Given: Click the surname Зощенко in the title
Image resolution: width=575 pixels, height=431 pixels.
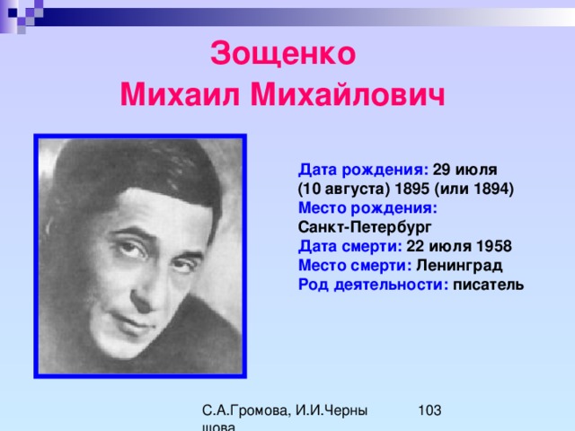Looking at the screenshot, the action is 283,54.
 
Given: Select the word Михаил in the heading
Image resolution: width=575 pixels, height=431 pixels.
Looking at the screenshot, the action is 180,94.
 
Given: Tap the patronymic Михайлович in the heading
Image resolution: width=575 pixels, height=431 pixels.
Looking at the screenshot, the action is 348,94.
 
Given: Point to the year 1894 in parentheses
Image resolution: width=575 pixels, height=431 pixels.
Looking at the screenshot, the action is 491,189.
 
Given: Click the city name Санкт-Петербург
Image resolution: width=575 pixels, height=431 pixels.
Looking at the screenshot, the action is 365,227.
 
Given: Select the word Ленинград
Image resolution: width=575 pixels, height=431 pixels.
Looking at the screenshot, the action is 459,266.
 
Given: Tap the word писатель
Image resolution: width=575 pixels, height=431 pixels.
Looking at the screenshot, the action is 488,285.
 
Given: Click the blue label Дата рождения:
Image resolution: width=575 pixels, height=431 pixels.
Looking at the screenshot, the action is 363,170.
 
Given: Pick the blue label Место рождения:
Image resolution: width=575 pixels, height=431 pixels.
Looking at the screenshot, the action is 367,208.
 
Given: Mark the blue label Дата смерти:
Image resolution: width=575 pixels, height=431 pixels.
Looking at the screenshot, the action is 350,246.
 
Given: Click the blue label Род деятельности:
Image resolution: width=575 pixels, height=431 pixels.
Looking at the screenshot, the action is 374,285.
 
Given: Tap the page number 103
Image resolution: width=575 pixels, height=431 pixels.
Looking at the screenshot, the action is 429,410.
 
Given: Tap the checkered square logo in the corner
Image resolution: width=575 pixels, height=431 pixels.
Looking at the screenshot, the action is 22,14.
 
